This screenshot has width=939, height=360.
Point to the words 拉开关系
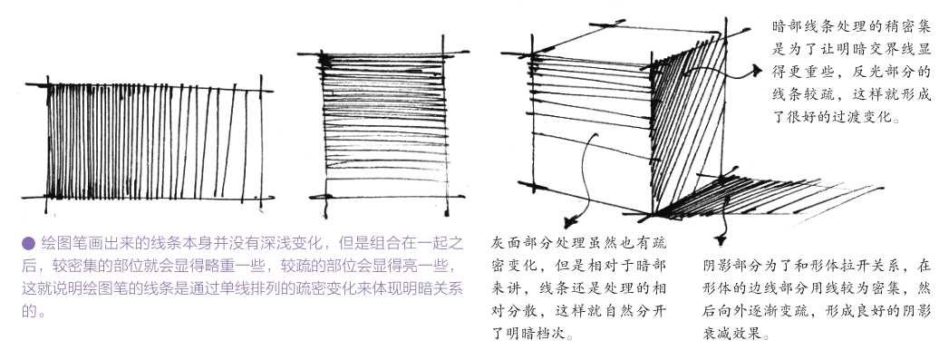pos(853,267)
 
